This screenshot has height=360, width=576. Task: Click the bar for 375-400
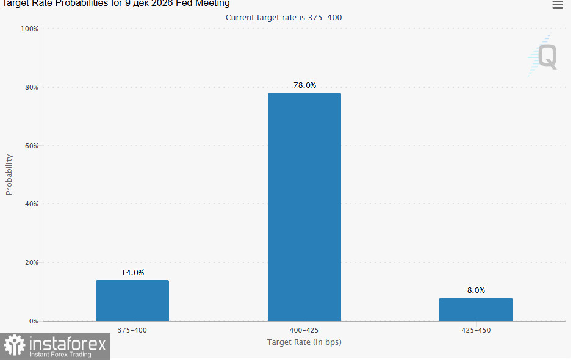[x=132, y=300]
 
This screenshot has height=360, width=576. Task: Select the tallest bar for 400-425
[x=304, y=207]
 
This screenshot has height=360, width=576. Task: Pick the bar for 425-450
[x=476, y=309]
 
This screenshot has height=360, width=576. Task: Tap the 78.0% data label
[x=304, y=85]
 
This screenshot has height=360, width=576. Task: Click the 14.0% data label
[x=132, y=273]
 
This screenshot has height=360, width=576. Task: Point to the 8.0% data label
[x=476, y=290]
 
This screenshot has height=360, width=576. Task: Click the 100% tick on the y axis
[x=29, y=29]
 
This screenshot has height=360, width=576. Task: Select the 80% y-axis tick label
[x=32, y=87]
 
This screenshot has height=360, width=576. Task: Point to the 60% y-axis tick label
[x=32, y=146]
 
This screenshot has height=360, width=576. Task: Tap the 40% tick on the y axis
[x=32, y=204]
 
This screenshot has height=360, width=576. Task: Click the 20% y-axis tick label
[x=32, y=262]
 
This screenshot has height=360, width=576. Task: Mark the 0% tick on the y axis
[x=34, y=321]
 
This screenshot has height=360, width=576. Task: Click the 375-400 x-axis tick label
[x=132, y=330]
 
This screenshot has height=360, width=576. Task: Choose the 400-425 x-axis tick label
[x=304, y=330]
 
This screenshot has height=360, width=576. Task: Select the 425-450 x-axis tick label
[x=476, y=330]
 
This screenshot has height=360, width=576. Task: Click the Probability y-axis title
[x=9, y=175]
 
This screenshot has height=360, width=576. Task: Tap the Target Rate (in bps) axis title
[x=304, y=342]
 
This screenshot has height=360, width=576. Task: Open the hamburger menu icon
[x=558, y=5]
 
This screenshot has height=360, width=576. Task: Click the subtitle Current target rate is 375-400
[x=284, y=18]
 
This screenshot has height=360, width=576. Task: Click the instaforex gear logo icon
[x=15, y=345]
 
